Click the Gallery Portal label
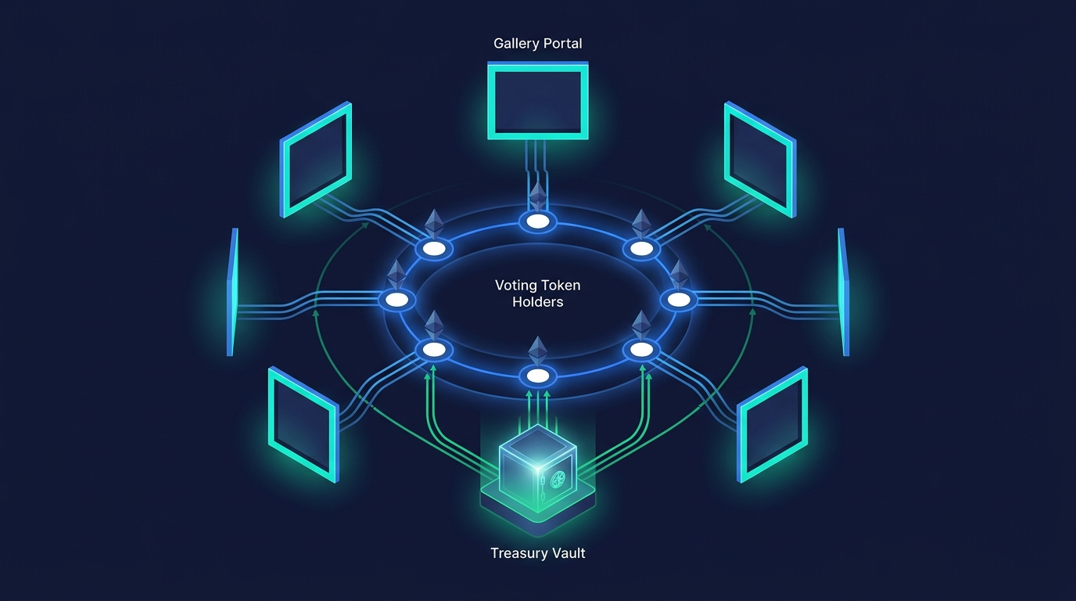[538, 43]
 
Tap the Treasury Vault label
[538, 553]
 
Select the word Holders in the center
[538, 301]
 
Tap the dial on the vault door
[558, 478]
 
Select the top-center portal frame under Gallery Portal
[538, 102]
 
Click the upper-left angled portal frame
[316, 160]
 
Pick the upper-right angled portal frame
[759, 160]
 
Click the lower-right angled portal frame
[773, 423]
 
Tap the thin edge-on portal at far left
[231, 292]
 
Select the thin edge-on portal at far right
[843, 292]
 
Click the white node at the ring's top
[538, 221]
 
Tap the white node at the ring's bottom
[538, 376]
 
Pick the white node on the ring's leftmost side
[397, 299]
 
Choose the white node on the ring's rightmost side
[679, 299]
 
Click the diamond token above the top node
[538, 196]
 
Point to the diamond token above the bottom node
[538, 349]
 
